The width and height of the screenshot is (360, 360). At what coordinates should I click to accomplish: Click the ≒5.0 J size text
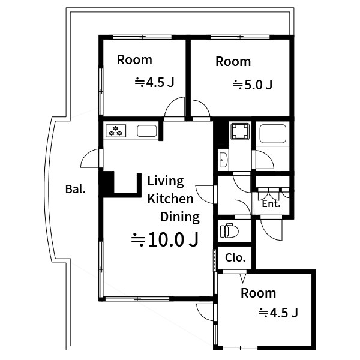(253, 85)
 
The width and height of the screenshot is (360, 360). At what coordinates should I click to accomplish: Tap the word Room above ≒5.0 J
(233, 61)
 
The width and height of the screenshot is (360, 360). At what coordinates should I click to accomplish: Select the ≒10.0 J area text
(165, 240)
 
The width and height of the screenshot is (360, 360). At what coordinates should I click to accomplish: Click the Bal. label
(75, 190)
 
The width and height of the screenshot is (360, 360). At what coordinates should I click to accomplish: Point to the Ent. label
(271, 203)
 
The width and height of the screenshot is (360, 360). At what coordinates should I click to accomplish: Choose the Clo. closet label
(235, 258)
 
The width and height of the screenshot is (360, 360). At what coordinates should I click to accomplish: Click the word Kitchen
(170, 199)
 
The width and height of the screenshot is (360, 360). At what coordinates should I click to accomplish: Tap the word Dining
(179, 217)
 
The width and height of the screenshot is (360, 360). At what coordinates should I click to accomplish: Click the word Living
(166, 181)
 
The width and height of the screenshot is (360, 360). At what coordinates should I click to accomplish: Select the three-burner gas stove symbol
(115, 130)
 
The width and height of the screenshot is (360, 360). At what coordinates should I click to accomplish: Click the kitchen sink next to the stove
(146, 130)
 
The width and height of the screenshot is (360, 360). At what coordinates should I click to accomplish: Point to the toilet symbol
(229, 231)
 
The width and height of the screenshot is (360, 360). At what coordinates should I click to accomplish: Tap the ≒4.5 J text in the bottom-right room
(278, 313)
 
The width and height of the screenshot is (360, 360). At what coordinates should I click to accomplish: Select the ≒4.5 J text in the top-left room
(154, 83)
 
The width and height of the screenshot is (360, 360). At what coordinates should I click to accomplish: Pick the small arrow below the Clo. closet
(243, 277)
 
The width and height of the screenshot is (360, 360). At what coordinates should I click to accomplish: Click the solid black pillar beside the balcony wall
(107, 183)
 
